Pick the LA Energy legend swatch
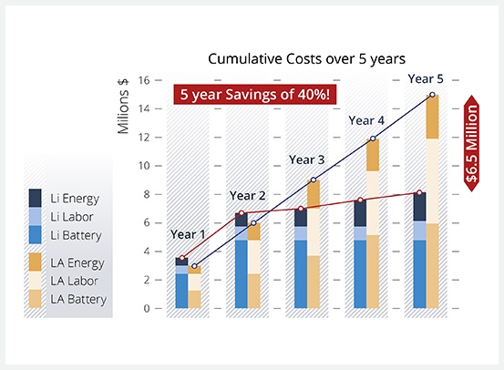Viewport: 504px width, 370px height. tap(36, 262)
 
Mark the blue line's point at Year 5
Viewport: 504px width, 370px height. tap(432, 95)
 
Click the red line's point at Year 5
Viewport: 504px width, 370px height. tap(419, 192)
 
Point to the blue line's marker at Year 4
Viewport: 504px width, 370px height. tap(373, 139)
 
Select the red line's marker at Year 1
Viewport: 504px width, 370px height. tap(182, 258)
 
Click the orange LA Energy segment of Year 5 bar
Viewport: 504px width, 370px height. tap(432, 117)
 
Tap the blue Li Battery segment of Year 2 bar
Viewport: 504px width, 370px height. tap(241, 273)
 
